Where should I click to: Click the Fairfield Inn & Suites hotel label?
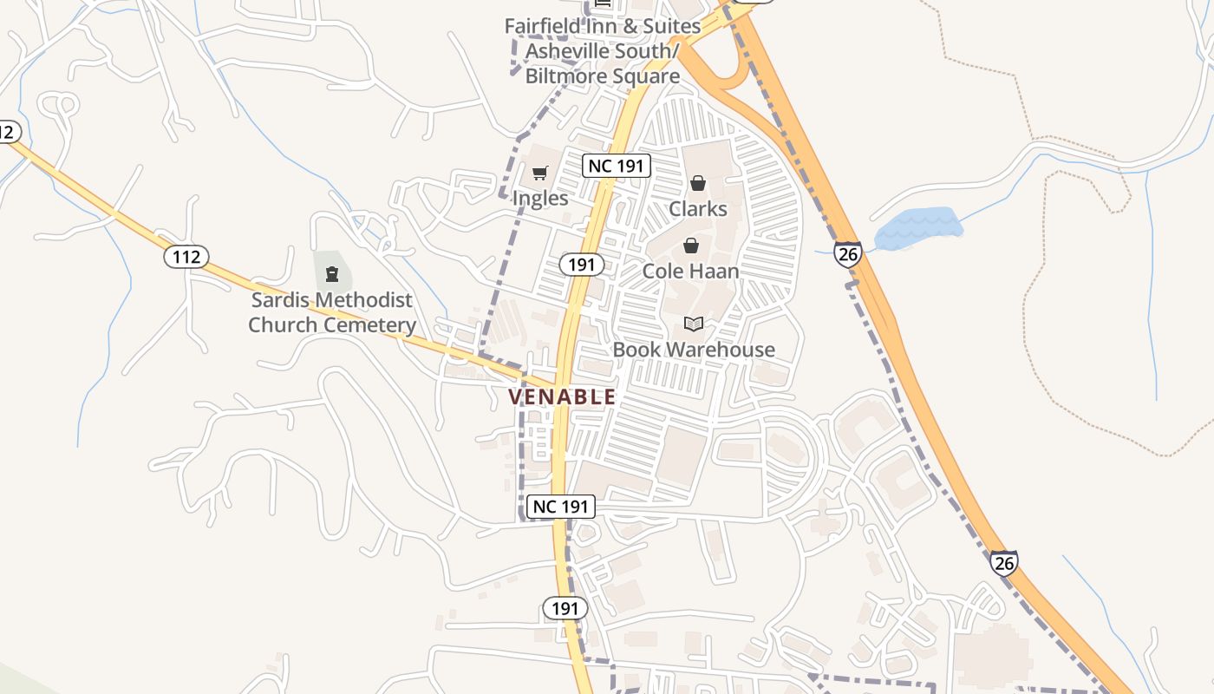point(603,50)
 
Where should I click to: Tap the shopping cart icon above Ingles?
point(540,173)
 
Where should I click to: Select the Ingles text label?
point(540,198)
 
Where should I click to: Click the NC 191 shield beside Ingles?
point(616,165)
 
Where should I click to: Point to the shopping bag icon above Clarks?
point(697,183)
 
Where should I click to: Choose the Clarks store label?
point(698,208)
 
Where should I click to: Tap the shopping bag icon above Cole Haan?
point(691,246)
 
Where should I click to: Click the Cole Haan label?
point(690,271)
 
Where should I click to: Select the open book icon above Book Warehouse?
point(693,324)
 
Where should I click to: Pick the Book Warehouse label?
point(694,350)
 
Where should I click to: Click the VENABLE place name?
point(562,397)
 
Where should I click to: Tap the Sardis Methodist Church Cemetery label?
point(332,312)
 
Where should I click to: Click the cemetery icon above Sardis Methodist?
point(331,275)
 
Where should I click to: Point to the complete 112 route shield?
point(186,256)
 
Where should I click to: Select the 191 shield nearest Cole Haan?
point(581,265)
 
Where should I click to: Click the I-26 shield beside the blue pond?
point(848,254)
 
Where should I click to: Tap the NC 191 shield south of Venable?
point(561,507)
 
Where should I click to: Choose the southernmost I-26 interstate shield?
point(1004,563)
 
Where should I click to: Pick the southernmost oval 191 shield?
point(565,608)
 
